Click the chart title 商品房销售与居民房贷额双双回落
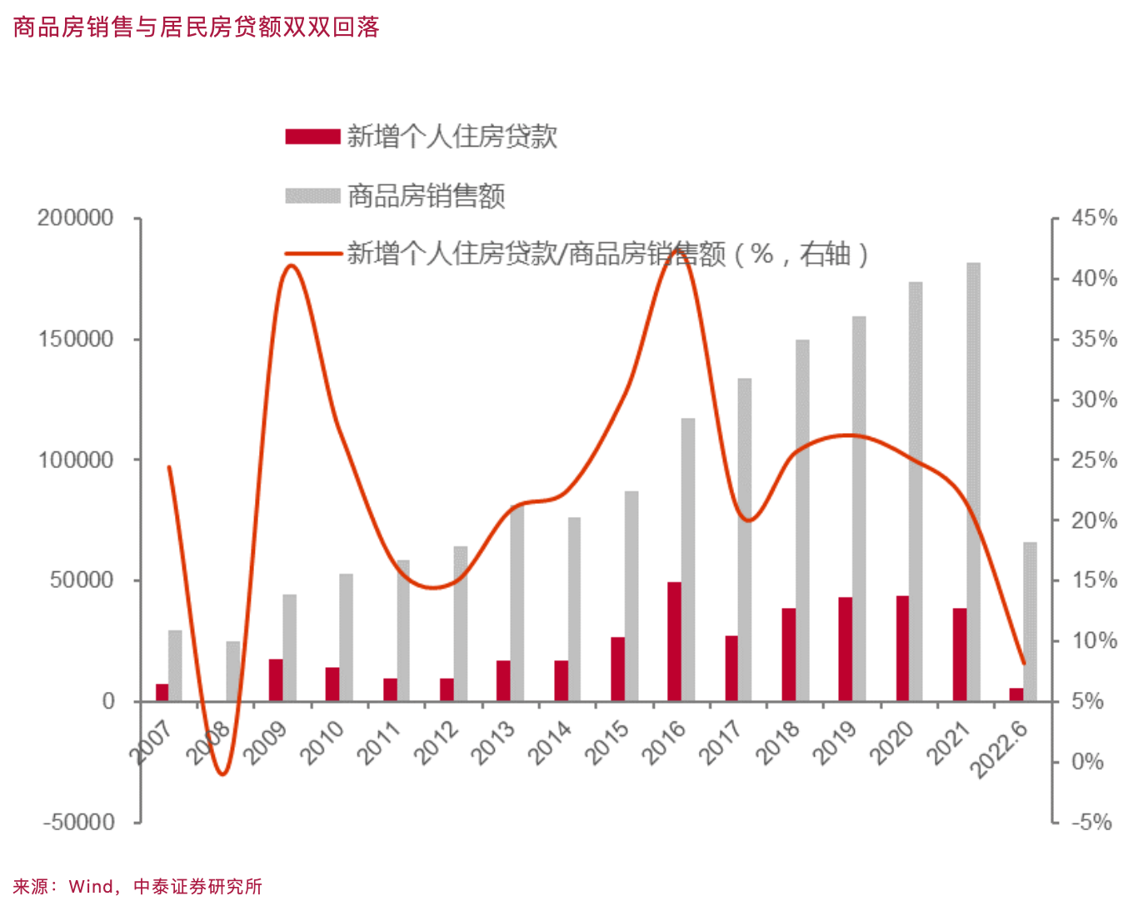(197, 27)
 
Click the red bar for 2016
(674, 641)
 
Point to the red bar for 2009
(276, 679)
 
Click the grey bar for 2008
(233, 671)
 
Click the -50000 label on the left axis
(78, 822)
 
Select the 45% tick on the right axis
(1094, 218)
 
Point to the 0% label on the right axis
(1087, 761)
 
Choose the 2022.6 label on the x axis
(1000, 749)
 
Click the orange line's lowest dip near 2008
(222, 774)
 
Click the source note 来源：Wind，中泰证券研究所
(137, 887)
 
